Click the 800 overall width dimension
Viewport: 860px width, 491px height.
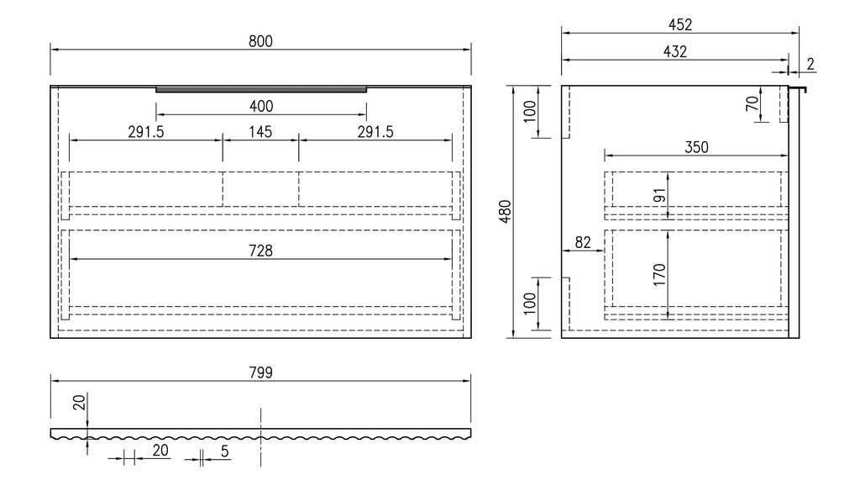(x=260, y=42)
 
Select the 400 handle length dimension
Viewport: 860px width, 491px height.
(x=261, y=107)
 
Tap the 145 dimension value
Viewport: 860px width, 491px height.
(x=260, y=132)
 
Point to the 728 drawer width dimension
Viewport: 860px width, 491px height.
(x=260, y=251)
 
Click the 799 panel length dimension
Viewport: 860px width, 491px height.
(x=260, y=373)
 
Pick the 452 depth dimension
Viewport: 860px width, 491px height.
(x=680, y=24)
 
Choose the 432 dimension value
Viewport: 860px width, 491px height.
(x=675, y=51)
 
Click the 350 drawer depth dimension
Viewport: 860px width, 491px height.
(x=696, y=147)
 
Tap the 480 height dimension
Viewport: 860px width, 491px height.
(x=505, y=211)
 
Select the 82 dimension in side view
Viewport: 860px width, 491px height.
(x=583, y=242)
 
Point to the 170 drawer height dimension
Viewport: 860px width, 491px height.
(x=659, y=275)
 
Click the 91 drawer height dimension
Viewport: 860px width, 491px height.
(x=659, y=196)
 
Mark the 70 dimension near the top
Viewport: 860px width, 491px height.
(x=752, y=103)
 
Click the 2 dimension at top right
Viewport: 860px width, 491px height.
(x=810, y=64)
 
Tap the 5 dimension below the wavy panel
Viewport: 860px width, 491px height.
(x=224, y=451)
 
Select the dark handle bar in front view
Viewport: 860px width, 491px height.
(x=261, y=89)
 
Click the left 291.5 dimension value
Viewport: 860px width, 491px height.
(x=146, y=132)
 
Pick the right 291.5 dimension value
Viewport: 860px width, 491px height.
(x=375, y=132)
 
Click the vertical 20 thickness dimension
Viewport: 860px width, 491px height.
(x=80, y=403)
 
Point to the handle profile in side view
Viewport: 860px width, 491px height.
(x=798, y=89)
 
